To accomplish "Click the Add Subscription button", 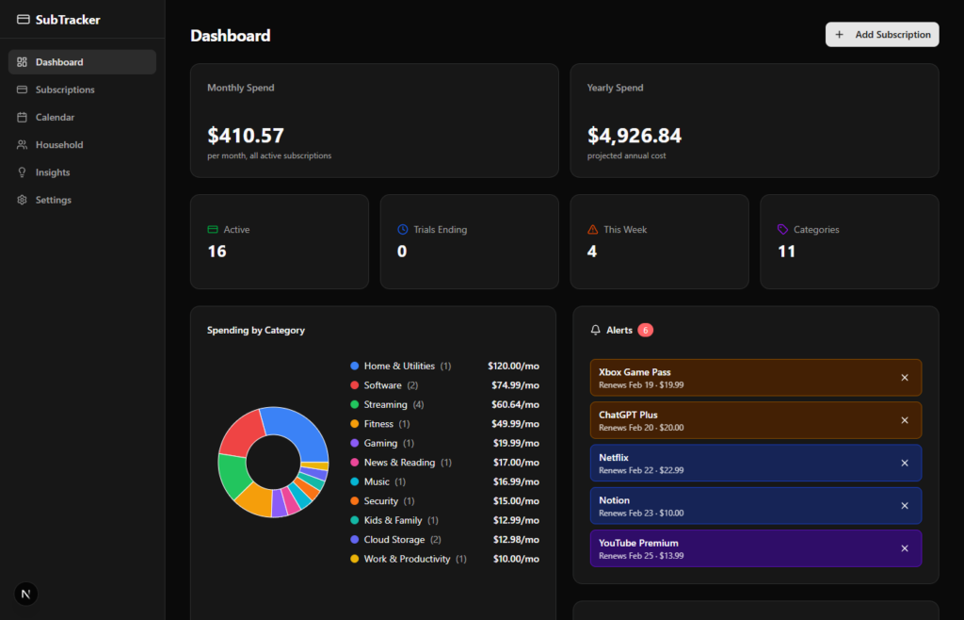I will (x=882, y=35).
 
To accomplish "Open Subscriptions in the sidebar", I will (x=65, y=90).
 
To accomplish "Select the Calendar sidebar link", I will (x=55, y=118).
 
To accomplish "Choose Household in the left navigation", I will (x=59, y=145).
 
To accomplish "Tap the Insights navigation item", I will (x=53, y=172).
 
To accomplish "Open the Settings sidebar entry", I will (x=53, y=200).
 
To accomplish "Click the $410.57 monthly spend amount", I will (x=246, y=136).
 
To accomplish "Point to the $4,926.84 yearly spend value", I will (x=635, y=136).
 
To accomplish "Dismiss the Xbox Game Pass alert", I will (x=905, y=378).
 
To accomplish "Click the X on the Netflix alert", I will (x=905, y=464).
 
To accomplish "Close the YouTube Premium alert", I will (x=905, y=548).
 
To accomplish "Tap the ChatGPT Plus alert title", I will (x=628, y=415).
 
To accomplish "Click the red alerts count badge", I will (x=645, y=330).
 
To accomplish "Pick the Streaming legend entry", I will (x=385, y=404).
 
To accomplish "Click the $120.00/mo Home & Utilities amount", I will (x=513, y=366).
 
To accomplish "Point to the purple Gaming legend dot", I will (x=355, y=443).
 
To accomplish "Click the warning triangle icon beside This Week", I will (x=592, y=230).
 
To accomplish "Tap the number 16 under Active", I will (x=217, y=252).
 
